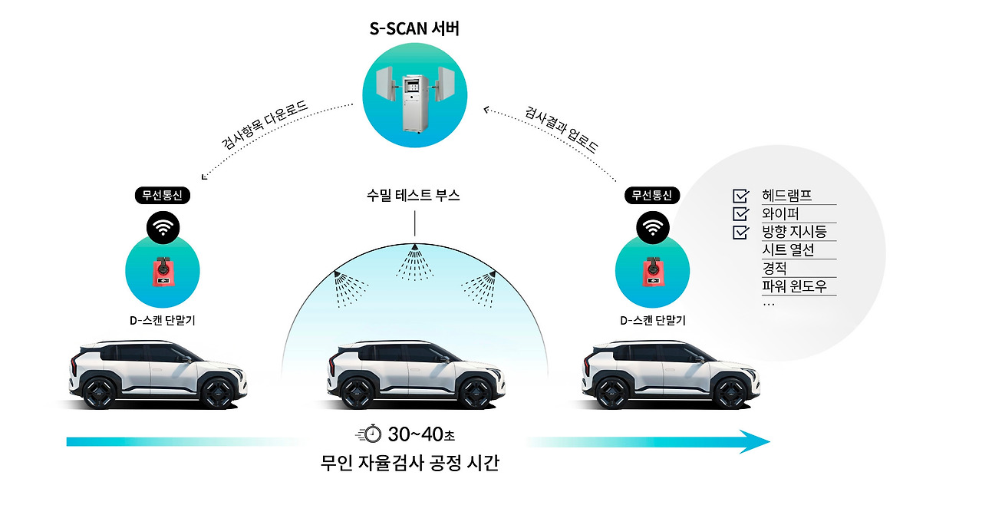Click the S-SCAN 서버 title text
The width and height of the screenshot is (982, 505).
[414, 30]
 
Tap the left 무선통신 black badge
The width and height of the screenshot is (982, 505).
[163, 195]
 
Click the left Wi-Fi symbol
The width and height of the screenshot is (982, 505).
[163, 226]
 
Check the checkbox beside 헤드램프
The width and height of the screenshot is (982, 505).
[741, 196]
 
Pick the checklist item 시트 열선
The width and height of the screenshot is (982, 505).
[788, 250]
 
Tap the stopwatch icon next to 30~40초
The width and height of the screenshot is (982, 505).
[371, 434]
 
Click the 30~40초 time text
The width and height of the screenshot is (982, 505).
[422, 434]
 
